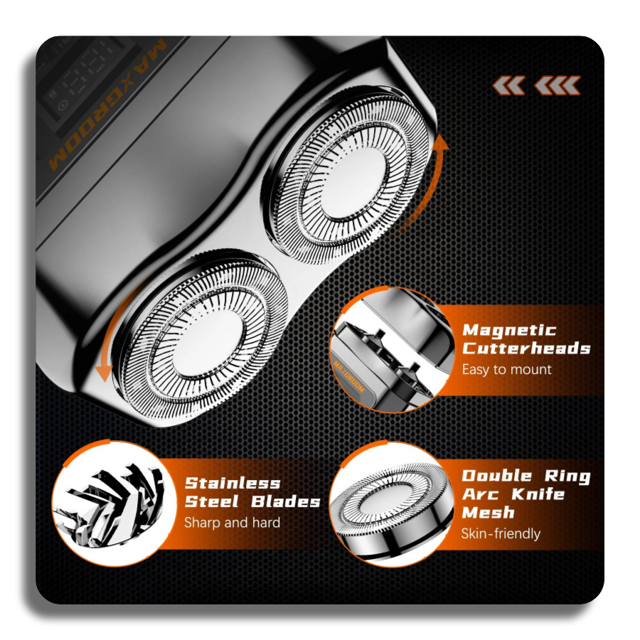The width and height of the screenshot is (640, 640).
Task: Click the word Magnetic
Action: point(509,330)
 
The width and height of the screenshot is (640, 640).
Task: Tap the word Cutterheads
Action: point(526,348)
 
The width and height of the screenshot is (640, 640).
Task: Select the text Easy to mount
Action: point(506,369)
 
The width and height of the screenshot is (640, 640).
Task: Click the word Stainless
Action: point(233,484)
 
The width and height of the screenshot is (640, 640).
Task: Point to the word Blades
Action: point(285,501)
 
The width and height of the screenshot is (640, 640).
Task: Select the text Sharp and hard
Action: point(233,523)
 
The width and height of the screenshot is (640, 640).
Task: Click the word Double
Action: point(497,476)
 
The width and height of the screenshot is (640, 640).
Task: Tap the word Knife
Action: point(538,494)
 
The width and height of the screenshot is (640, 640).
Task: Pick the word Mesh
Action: point(488,512)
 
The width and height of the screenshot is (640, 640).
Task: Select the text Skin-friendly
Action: point(501,533)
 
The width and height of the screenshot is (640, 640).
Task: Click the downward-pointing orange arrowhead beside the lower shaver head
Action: point(104,373)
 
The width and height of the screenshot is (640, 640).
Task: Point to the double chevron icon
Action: point(508,86)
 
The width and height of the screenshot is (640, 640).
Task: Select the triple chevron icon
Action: point(557,86)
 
